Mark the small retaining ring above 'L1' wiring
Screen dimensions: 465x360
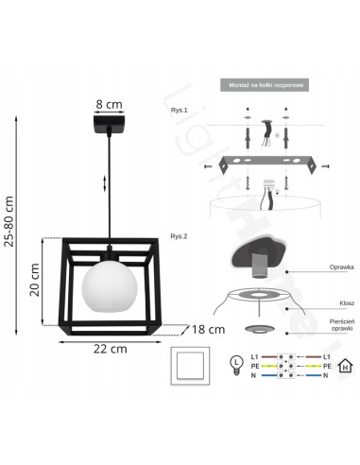tap(256, 330)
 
